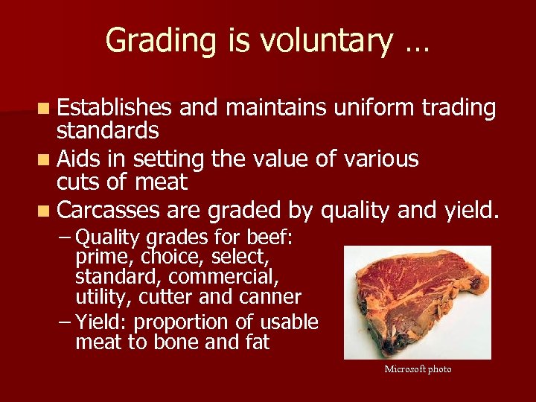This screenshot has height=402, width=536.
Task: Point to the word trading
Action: coord(459,108)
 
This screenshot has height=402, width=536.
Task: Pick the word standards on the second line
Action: coord(108,131)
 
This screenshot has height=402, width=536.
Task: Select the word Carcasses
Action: coord(108,211)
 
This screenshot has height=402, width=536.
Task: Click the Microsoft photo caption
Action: coord(418,369)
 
